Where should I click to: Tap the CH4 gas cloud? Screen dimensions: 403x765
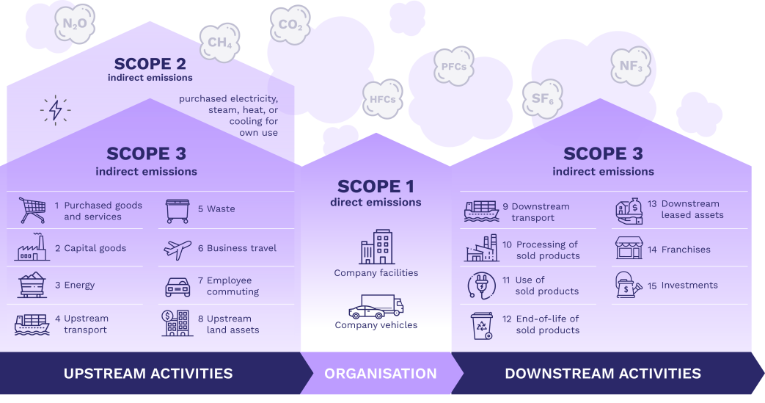click(x=220, y=42)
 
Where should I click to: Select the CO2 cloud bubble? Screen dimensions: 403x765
click(x=290, y=26)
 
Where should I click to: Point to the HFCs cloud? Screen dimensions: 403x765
click(x=382, y=99)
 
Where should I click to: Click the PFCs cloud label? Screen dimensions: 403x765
click(x=453, y=66)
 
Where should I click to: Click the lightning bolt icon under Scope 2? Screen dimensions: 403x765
click(x=55, y=110)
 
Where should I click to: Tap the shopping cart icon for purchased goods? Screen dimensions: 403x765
click(x=32, y=210)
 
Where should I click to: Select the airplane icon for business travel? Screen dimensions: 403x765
click(x=177, y=249)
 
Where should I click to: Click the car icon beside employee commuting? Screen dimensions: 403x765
click(x=177, y=286)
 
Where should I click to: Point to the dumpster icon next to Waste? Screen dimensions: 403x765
click(x=177, y=211)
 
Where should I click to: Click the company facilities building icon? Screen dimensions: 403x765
click(x=376, y=247)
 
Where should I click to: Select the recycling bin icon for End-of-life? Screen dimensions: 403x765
click(x=481, y=325)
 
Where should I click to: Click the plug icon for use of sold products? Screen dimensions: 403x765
click(x=481, y=285)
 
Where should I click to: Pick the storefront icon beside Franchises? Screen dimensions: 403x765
click(x=629, y=249)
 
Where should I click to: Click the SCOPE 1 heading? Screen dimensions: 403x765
click(x=376, y=186)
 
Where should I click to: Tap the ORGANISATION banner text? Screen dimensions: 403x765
click(x=381, y=374)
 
